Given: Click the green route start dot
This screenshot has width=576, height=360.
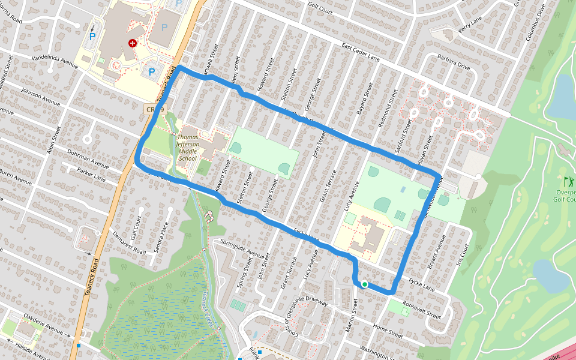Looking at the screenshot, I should tap(364, 284).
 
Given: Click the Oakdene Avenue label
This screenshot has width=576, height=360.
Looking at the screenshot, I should tap(43, 324).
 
